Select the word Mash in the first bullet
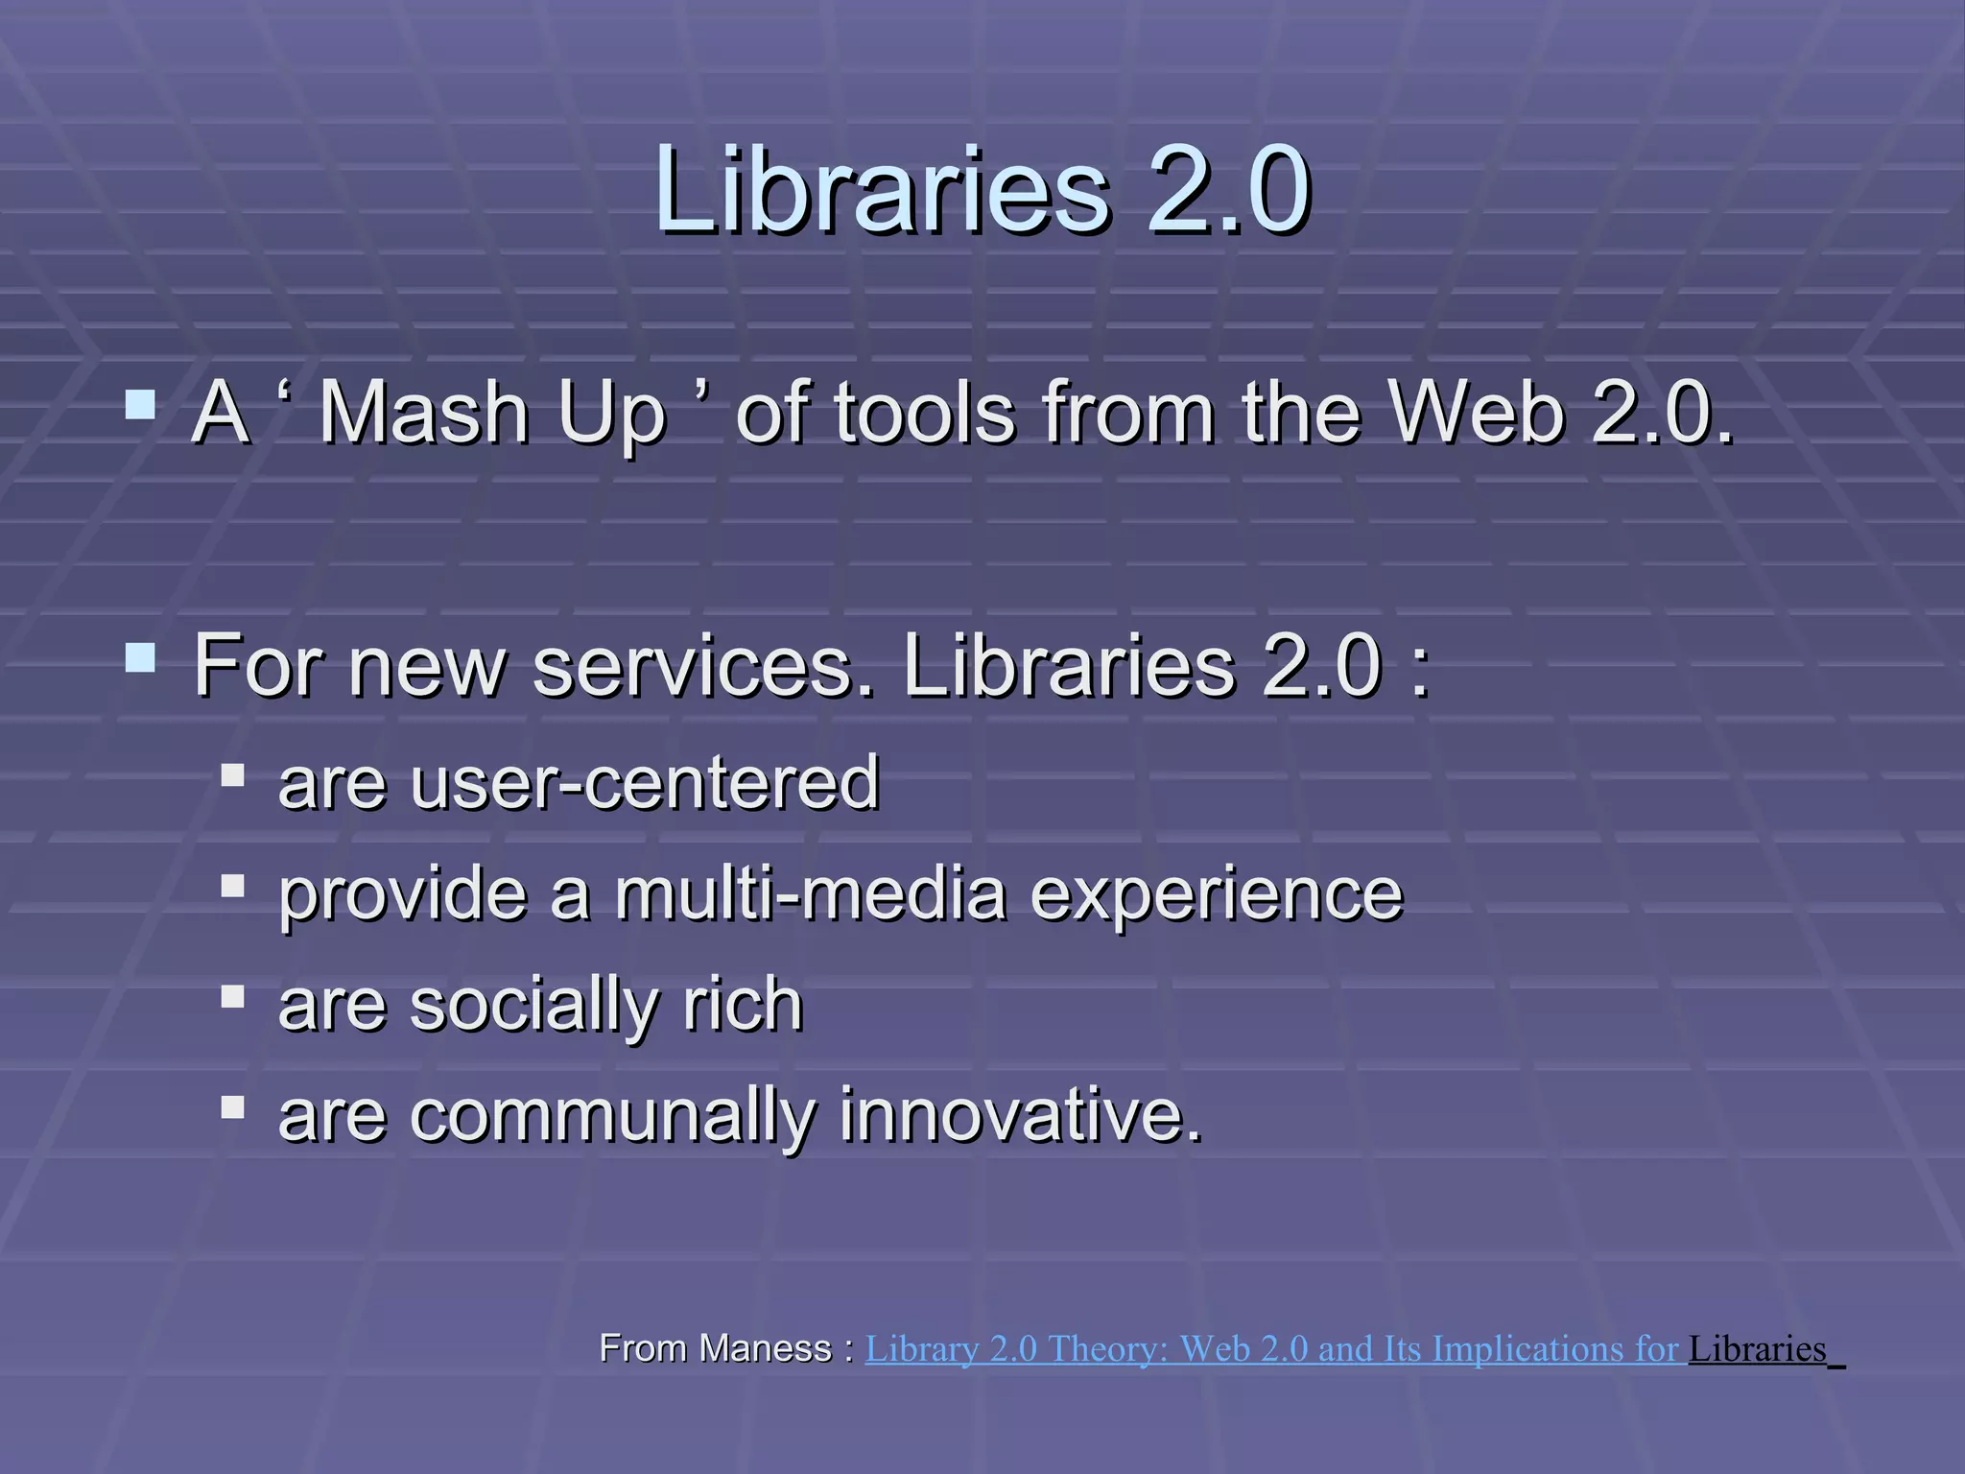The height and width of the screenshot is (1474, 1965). (x=423, y=414)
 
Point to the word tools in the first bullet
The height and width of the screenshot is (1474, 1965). (x=924, y=414)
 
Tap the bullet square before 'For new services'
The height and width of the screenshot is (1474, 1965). (x=140, y=658)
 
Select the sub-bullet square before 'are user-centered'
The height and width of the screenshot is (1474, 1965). (x=232, y=774)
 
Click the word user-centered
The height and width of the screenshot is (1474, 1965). (x=644, y=782)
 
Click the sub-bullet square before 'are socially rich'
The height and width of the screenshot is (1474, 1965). (x=232, y=997)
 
